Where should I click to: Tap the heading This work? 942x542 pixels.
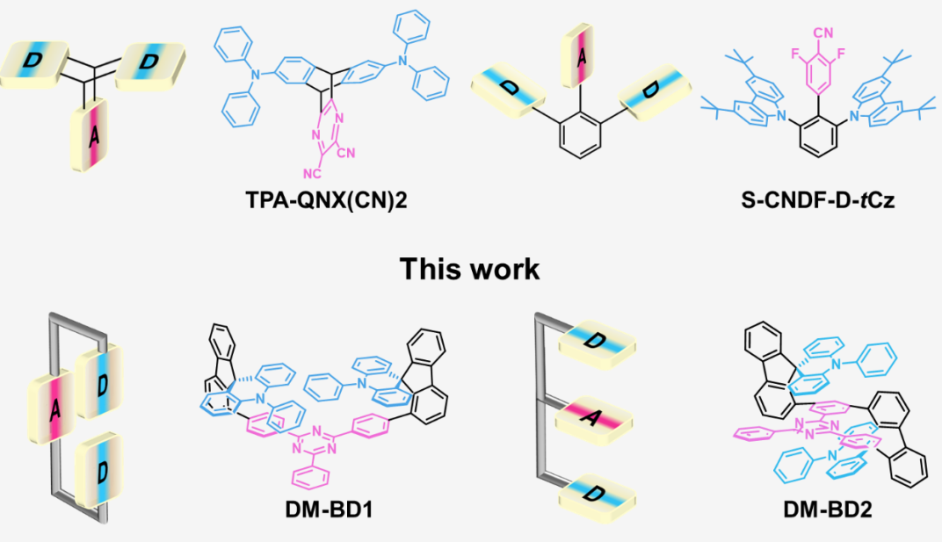click(x=470, y=268)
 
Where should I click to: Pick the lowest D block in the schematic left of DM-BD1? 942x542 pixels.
click(x=98, y=471)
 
